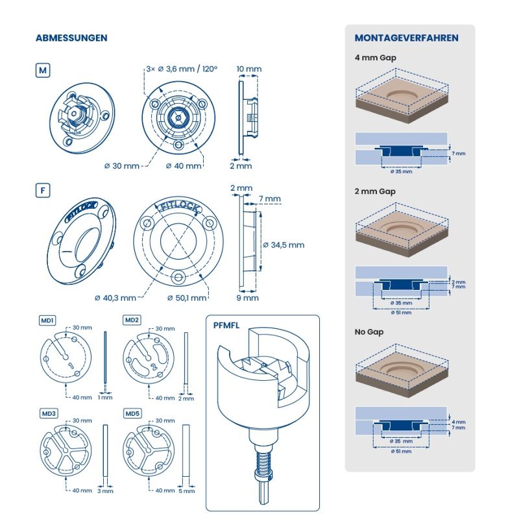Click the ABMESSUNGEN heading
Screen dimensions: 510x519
71,38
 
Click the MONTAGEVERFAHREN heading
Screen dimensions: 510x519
406,38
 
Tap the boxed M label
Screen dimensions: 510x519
43,71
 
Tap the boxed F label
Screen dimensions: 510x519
43,191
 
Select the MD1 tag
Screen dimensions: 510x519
47,320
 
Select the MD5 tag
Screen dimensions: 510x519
132,413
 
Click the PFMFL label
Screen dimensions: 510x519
226,326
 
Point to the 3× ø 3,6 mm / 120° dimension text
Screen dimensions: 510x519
182,69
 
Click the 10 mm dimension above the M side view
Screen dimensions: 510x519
249,69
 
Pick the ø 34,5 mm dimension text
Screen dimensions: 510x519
284,245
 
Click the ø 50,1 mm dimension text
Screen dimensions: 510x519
187,298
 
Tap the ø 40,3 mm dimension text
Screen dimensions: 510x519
115,298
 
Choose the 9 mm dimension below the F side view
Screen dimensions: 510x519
248,298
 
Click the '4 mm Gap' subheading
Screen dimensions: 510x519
375,58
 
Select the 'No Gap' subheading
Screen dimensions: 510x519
369,332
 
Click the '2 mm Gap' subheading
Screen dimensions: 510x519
375,191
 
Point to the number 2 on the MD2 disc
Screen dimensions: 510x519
154,367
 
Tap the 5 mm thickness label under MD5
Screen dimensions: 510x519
186,491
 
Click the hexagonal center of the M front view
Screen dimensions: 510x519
178,118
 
